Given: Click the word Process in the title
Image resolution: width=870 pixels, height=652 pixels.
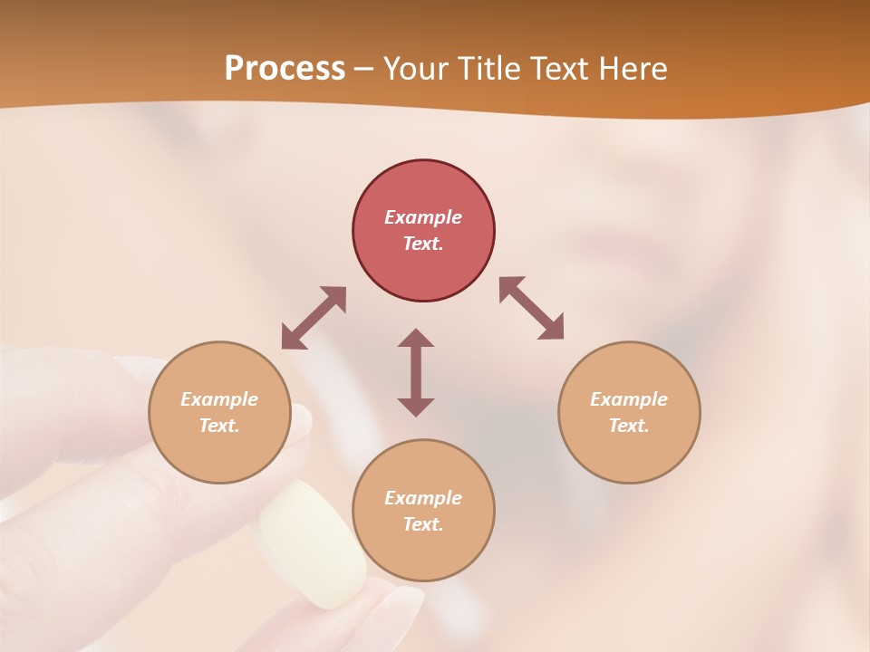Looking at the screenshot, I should [285, 69].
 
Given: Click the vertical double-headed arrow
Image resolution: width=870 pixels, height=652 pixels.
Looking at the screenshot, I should [416, 372].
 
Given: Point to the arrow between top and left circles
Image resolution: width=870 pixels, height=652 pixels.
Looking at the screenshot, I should [314, 318].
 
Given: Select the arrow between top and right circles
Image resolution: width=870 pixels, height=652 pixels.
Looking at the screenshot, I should [532, 308].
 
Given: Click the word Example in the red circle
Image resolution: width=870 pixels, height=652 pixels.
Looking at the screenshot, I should [423, 217].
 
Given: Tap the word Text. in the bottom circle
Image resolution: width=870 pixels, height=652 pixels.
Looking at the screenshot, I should [423, 524].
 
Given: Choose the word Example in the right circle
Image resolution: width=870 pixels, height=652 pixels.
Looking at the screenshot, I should [629, 399].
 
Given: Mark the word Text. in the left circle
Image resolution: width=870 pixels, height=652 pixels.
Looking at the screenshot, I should [219, 426].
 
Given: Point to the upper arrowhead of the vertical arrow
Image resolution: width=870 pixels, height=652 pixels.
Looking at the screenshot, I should [416, 339].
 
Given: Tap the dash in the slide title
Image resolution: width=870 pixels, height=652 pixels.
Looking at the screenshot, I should [363, 69].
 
